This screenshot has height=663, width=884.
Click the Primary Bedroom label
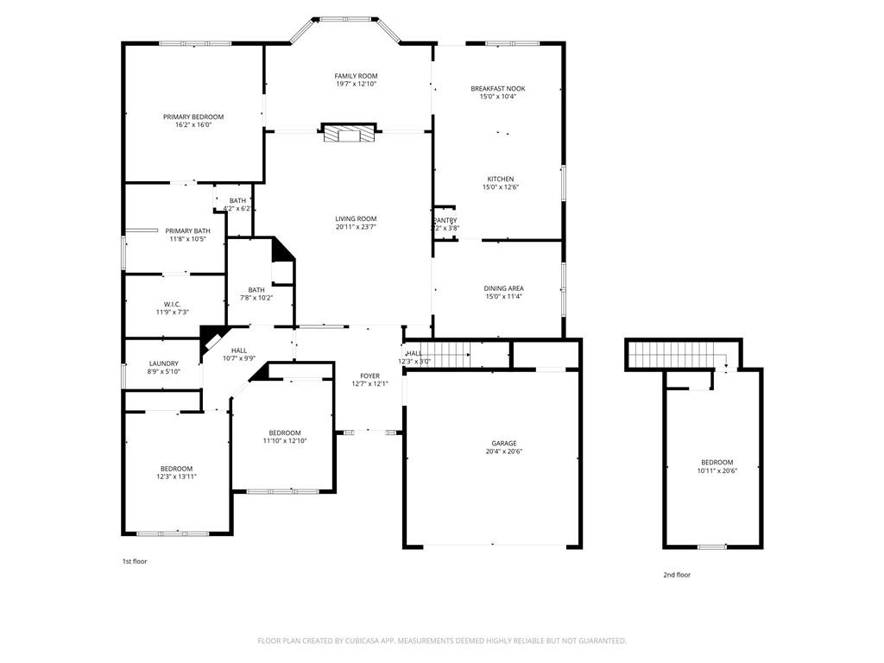tap(193, 117)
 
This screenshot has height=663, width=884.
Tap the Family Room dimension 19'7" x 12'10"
tap(356, 85)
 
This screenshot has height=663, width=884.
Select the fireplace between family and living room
tap(350, 134)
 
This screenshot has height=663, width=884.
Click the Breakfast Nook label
tap(497, 89)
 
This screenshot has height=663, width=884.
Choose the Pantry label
tap(445, 220)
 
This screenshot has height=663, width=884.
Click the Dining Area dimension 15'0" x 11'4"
tap(503, 297)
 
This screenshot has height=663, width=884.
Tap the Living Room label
tap(356, 219)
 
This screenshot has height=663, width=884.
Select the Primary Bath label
tap(188, 230)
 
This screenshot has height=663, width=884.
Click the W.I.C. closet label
tap(172, 304)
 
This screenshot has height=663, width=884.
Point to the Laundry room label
tap(164, 363)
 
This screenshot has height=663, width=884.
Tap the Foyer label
tap(369, 376)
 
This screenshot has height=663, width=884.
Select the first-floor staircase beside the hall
tap(449, 354)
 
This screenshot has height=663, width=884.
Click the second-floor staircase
tap(679, 353)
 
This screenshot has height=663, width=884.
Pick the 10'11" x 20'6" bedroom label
tap(717, 462)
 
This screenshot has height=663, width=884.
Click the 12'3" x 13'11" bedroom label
tap(176, 468)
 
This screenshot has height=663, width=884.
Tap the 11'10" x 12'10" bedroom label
tap(285, 433)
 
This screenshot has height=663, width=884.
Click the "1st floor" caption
tap(134, 561)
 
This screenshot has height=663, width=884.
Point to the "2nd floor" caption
tap(677, 575)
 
